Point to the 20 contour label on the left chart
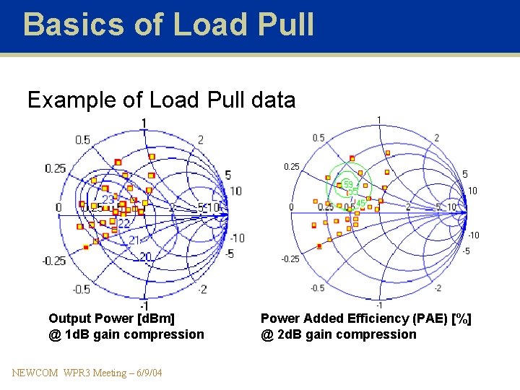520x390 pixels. [x=146, y=256]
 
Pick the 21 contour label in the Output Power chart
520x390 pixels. [x=135, y=240]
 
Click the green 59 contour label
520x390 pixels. [x=347, y=184]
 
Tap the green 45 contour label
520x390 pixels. [x=360, y=204]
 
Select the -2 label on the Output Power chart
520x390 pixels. [x=201, y=289]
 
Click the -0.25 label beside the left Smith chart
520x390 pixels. [x=54, y=261]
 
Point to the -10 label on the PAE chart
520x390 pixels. [x=473, y=235]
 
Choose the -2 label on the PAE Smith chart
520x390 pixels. [x=438, y=287]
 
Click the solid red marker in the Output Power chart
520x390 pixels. [x=86, y=247]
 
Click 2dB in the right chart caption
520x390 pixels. [x=289, y=334]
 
